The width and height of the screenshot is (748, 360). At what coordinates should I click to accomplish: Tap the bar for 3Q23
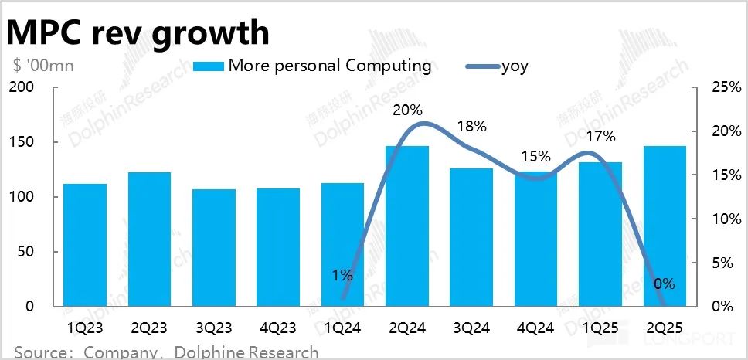213,247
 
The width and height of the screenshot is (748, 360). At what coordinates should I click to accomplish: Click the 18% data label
471,126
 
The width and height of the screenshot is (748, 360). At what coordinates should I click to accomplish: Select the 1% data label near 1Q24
342,274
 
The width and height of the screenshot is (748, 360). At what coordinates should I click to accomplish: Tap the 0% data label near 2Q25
664,284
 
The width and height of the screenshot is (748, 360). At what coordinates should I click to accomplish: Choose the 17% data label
600,137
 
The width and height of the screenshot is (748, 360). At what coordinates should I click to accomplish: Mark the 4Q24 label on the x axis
535,328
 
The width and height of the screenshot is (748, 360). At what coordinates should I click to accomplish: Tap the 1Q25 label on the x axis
600,328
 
